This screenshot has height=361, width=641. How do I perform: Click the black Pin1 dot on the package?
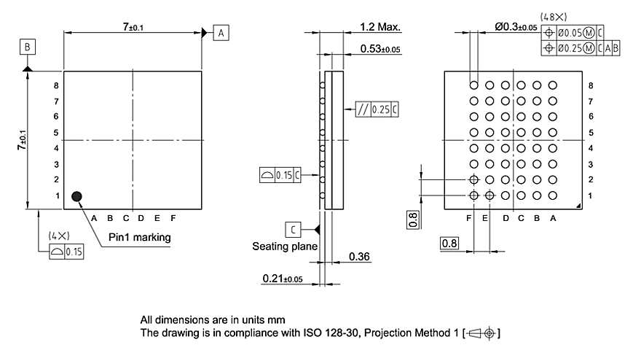(x=76, y=195)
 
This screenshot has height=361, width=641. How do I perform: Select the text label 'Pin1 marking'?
(x=139, y=237)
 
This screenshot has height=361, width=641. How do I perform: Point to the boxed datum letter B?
(x=27, y=47)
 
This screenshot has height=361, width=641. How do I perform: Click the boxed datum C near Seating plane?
(x=292, y=230)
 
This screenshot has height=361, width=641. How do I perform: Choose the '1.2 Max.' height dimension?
(x=380, y=28)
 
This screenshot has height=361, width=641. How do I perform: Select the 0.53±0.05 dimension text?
(x=380, y=50)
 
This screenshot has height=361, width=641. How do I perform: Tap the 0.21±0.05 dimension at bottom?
(x=282, y=279)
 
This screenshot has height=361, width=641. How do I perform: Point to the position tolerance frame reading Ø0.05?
(x=573, y=32)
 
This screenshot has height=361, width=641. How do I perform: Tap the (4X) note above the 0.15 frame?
(x=58, y=236)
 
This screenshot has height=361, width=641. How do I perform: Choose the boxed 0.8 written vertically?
(x=413, y=219)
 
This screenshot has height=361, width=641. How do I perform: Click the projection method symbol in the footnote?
(x=484, y=334)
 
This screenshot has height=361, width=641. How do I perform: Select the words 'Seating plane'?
(x=285, y=247)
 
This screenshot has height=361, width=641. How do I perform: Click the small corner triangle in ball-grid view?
(x=578, y=207)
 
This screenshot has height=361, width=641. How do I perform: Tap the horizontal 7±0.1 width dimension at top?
(x=133, y=27)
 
